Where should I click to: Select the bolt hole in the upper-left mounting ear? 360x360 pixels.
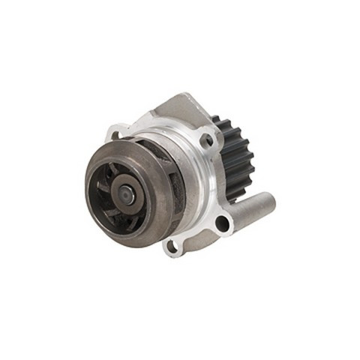point(114,136)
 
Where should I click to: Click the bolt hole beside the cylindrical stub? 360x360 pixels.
point(221,222)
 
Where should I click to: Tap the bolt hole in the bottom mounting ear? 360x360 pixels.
point(171,245)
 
